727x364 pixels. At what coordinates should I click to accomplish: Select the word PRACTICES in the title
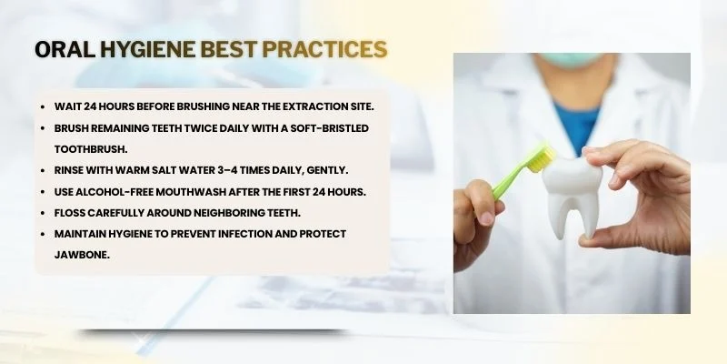click(324, 49)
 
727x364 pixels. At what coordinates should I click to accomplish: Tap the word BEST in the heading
click(227, 49)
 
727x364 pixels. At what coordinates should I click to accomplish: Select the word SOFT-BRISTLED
click(331, 128)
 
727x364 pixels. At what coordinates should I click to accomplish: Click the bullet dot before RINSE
click(44, 170)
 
